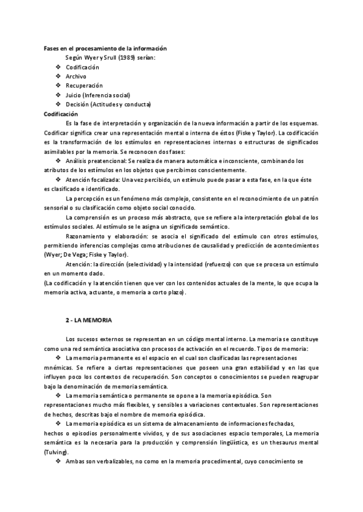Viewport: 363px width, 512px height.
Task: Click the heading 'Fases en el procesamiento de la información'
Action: [105, 48]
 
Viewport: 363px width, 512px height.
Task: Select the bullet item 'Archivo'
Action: [76, 76]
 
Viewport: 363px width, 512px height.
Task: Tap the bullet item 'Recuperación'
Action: [84, 86]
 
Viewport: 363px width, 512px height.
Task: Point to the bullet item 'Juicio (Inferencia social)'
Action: [97, 95]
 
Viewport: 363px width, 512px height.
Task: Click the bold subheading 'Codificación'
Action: [61, 114]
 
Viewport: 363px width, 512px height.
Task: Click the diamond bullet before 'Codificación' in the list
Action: [57, 67]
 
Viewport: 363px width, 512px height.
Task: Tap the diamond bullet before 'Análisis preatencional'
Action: [57, 161]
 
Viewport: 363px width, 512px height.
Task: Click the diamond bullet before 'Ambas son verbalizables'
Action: [57, 461]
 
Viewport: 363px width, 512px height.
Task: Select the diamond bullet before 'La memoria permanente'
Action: [57, 357]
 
